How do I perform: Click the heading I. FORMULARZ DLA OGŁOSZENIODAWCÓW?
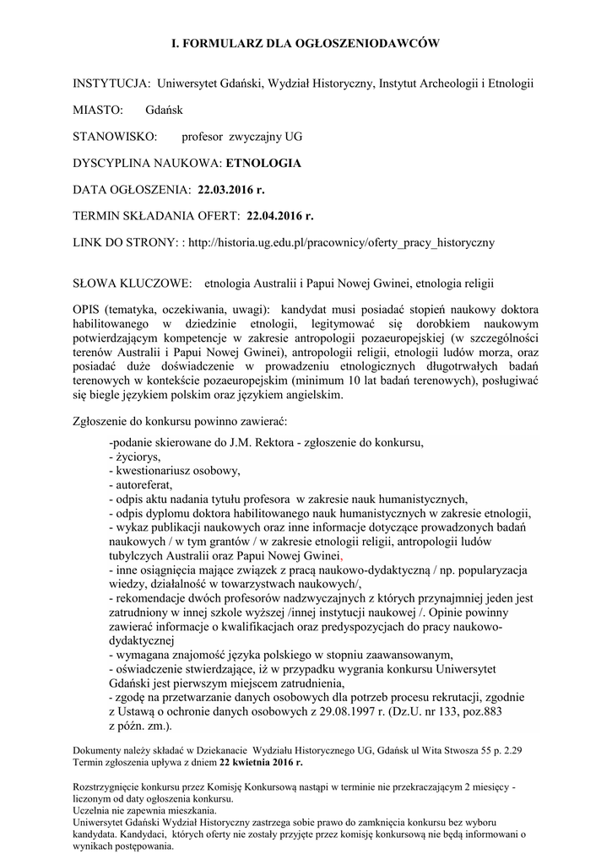tap(306, 41)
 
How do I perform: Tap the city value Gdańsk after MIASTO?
tap(163, 110)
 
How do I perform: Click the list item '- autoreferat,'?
tap(141, 484)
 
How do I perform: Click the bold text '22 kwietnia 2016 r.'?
tap(260, 762)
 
